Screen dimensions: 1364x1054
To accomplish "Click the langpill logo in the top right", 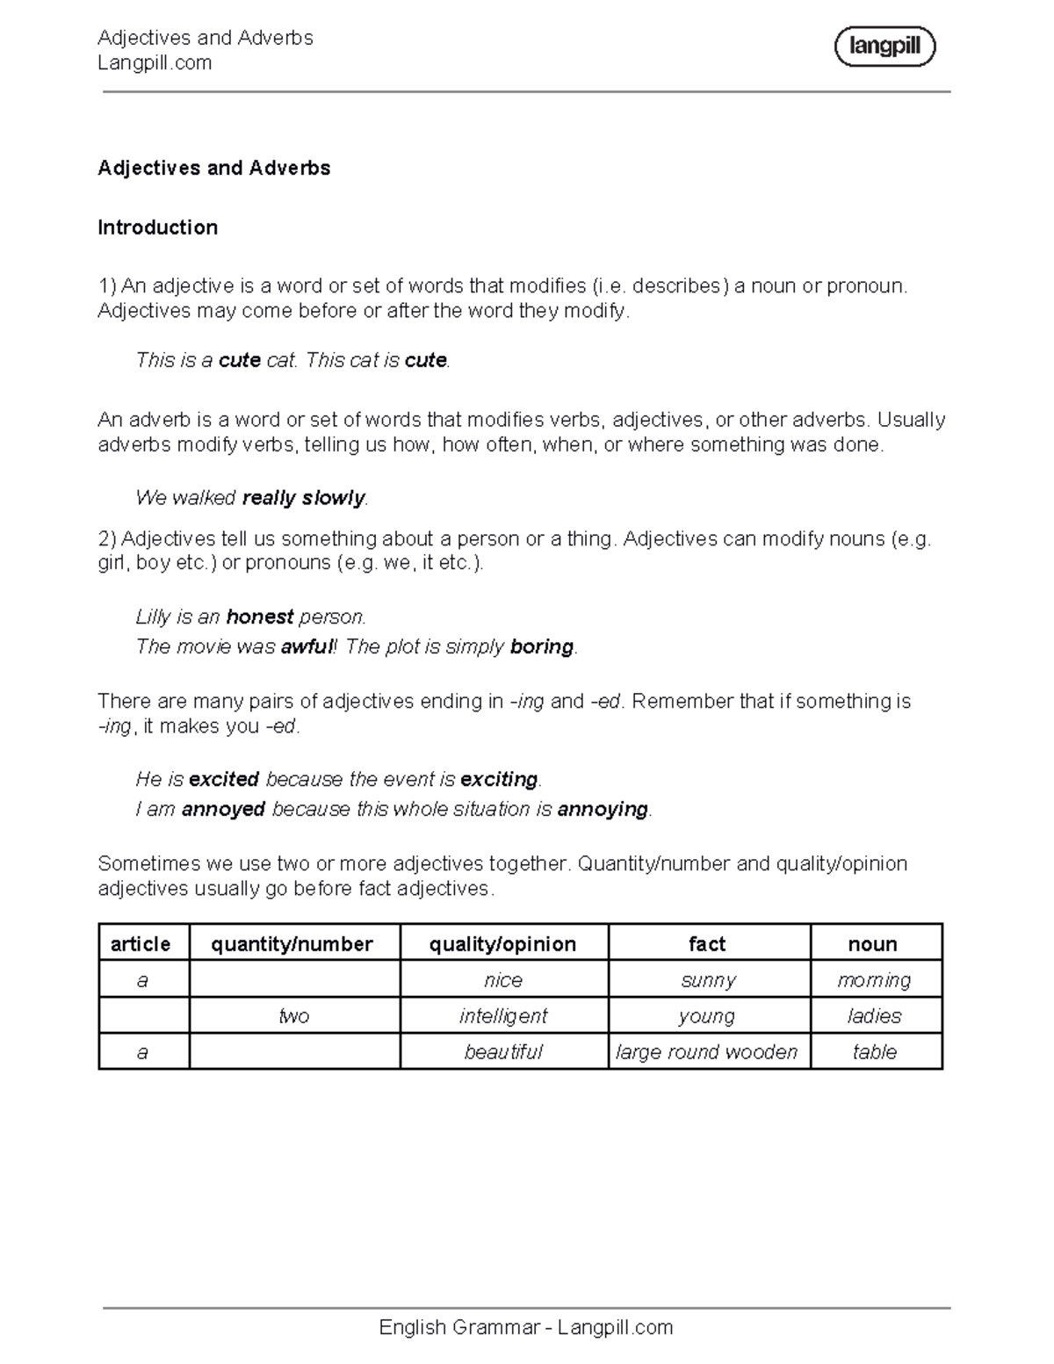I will pos(884,47).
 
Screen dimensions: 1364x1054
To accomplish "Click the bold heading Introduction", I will pos(157,227).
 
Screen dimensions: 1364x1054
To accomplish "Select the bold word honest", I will pos(259,617).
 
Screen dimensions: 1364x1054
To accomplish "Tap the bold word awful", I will pos(307,647).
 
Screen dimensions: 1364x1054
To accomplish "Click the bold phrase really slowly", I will pos(303,498).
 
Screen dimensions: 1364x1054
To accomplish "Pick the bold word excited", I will pos(223,779).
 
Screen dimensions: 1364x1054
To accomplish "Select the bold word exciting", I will pos(499,779).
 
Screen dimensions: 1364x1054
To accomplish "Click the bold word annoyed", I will pos(223,809).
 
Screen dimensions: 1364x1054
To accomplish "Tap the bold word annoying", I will pos(603,809).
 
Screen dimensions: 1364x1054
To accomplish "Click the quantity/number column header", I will pos(292,944).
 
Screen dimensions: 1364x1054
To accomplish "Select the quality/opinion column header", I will pos(502,944).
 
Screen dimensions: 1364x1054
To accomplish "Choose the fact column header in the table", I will pos(707,944).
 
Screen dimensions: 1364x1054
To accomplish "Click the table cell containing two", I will pos(293,1016).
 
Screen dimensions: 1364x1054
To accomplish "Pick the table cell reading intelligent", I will pos(502,1016).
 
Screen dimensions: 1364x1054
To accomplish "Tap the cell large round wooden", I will pos(707,1052).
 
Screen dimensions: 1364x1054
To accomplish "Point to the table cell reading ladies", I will pos(874,1016).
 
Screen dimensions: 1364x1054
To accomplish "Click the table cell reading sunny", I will pos(708,980).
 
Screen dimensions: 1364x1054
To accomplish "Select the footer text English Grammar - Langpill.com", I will pos(525,1327).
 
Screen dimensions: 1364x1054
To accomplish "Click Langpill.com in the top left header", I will pos(155,63).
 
